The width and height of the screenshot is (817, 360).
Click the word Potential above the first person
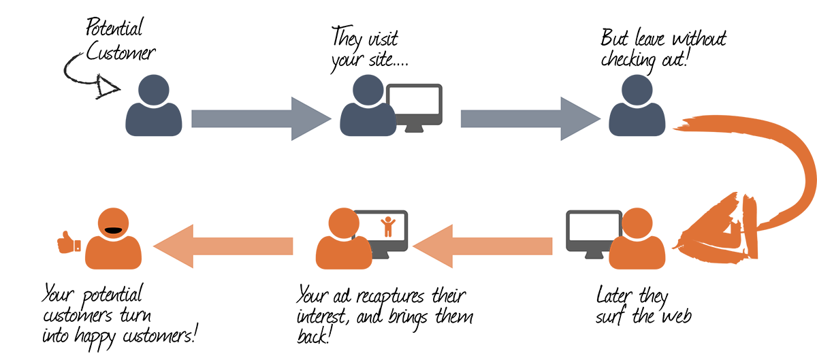114,29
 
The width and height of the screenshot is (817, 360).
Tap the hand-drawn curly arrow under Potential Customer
85,75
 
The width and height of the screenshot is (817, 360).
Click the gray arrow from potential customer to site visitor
259,118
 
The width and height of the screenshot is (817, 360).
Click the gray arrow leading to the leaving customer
528,118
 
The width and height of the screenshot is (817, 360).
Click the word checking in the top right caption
629,60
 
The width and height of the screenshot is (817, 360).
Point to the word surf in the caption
612,317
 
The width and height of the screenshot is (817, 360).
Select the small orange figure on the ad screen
389,225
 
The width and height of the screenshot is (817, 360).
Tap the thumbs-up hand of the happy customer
69,242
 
